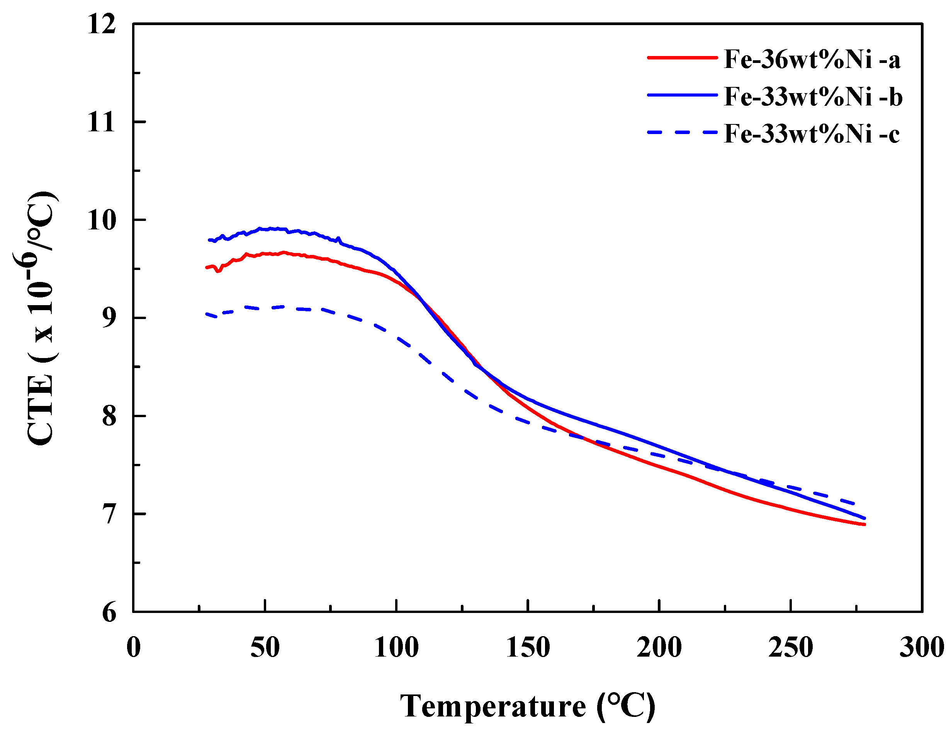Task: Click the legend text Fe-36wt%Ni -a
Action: pyautogui.click(x=811, y=59)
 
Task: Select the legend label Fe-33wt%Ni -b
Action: pyautogui.click(x=812, y=97)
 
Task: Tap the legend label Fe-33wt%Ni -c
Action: pyautogui.click(x=811, y=134)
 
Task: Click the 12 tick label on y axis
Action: pyautogui.click(x=102, y=24)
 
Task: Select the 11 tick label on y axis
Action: pyautogui.click(x=102, y=122)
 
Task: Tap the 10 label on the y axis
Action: pyautogui.click(x=102, y=220)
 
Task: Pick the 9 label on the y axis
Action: pyautogui.click(x=109, y=319)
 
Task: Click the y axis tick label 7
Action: pyautogui.click(x=109, y=514)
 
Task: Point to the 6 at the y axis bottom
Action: pyautogui.click(x=109, y=613)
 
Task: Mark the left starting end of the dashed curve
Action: pyautogui.click(x=206, y=313)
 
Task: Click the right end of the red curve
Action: pyautogui.click(x=864, y=525)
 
